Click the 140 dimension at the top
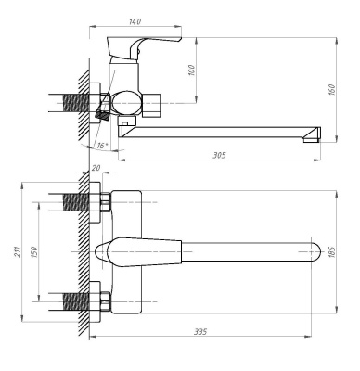click(x=136, y=19)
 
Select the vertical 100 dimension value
click(x=192, y=71)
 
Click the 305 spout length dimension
click(x=219, y=155)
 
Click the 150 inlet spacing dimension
click(x=34, y=252)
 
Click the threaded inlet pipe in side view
click(x=71, y=100)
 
